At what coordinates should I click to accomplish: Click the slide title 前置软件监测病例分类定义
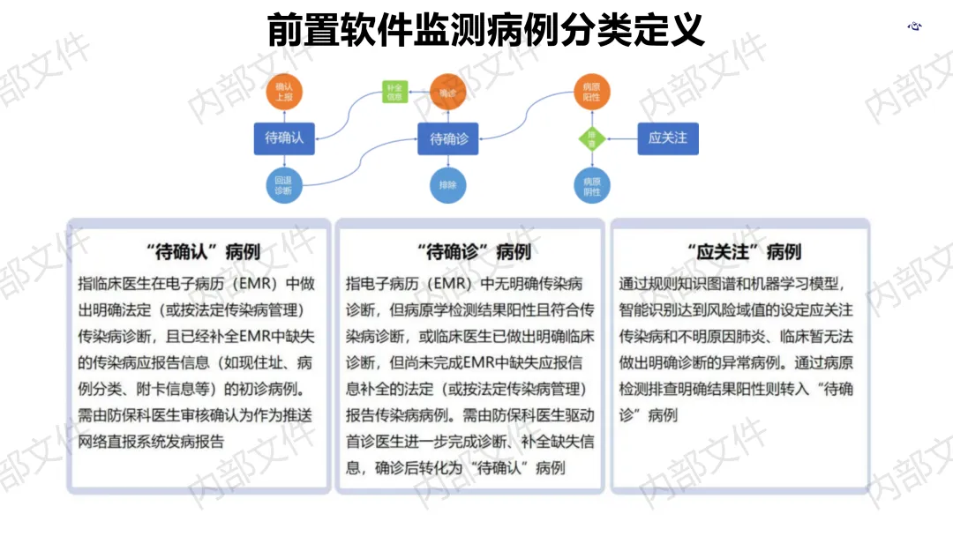(x=486, y=29)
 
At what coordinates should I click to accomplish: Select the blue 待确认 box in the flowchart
(x=284, y=138)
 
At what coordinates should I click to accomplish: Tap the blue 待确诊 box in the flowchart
(x=448, y=138)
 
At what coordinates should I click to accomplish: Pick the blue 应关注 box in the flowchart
(x=667, y=138)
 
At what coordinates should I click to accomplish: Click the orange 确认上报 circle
(x=284, y=93)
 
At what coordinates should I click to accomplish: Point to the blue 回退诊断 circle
(x=284, y=184)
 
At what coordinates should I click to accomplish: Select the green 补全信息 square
(x=394, y=93)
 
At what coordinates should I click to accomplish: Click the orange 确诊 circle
(x=448, y=93)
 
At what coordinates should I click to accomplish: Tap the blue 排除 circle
(x=448, y=185)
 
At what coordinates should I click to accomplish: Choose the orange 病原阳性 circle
(x=592, y=93)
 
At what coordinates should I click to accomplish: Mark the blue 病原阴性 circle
(x=592, y=185)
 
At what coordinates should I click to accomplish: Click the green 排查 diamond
(x=592, y=138)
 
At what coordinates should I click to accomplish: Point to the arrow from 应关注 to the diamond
(x=622, y=138)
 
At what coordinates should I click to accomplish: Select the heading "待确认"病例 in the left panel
(x=202, y=252)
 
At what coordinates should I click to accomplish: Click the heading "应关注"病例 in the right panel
(x=743, y=252)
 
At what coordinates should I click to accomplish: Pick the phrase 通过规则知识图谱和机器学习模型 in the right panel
(x=732, y=285)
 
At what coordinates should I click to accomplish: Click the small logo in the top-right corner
(x=915, y=26)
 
